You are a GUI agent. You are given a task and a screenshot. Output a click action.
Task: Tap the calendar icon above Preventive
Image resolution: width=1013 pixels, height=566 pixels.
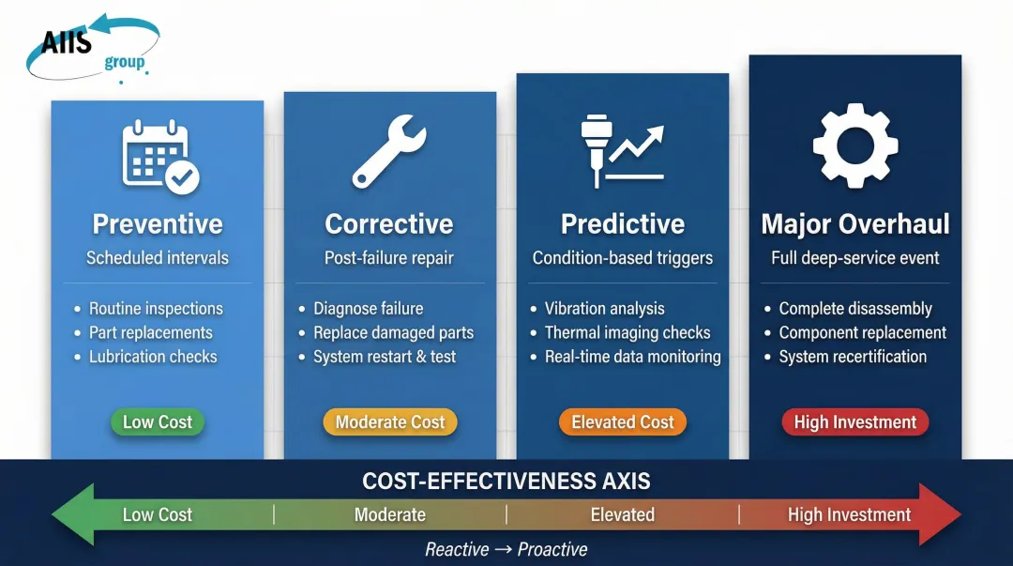[159, 157]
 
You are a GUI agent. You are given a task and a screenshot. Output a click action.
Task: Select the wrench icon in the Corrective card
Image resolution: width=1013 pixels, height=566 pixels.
[389, 152]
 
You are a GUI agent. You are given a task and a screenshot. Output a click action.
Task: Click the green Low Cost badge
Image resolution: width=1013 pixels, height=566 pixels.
[157, 422]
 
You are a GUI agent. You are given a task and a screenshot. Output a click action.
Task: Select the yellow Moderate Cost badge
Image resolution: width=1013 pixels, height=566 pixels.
[389, 422]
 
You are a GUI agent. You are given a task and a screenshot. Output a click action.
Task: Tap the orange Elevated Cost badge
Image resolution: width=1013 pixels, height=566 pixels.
[623, 422]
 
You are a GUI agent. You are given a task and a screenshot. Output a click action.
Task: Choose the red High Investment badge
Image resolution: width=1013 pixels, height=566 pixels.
[854, 422]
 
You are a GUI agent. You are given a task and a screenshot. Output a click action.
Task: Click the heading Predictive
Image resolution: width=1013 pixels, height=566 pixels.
[622, 224]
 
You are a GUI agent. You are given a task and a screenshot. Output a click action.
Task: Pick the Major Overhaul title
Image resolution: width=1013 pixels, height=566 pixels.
[854, 224]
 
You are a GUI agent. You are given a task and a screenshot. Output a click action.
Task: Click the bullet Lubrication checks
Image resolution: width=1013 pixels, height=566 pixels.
[152, 357]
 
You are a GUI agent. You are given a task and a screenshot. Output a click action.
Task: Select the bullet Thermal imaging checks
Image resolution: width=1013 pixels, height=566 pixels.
[627, 332]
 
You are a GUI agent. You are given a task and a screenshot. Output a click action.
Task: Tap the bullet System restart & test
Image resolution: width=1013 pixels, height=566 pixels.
[385, 357]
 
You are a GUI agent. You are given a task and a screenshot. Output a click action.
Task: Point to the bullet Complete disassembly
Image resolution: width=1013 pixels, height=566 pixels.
[854, 308]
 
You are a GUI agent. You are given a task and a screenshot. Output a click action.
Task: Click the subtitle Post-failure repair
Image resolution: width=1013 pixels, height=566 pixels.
[388, 257]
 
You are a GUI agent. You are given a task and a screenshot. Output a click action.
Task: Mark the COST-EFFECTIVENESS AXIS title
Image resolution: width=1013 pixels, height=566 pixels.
[506, 482]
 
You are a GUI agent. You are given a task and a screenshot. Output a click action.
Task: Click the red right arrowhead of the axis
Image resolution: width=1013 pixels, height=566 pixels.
[941, 514]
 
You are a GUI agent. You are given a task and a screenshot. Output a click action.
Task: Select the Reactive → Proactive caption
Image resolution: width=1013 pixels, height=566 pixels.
[506, 549]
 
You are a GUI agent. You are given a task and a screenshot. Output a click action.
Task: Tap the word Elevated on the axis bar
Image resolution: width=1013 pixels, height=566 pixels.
[622, 514]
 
